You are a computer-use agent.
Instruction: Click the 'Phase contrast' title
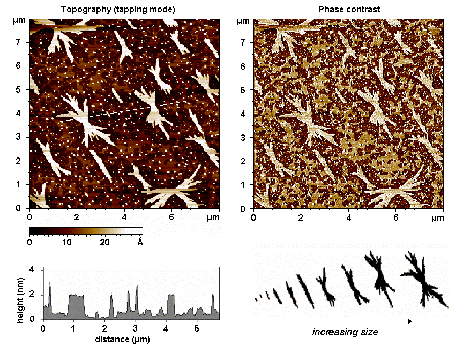pos(349,9)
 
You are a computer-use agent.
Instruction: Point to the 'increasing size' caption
pos(345,332)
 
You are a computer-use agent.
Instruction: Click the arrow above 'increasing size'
pos(343,321)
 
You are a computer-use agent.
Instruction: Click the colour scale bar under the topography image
pos(86,231)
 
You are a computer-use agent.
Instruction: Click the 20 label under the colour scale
pos(104,242)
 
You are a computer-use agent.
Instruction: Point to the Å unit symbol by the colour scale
pos(140,242)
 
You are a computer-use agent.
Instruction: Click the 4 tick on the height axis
pos(32,269)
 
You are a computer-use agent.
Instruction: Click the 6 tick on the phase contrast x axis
pos(396,218)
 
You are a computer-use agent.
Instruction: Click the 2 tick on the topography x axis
pos(77,218)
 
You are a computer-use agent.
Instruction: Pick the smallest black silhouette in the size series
pos(256,298)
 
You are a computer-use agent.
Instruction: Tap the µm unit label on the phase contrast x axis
pos(438,218)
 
